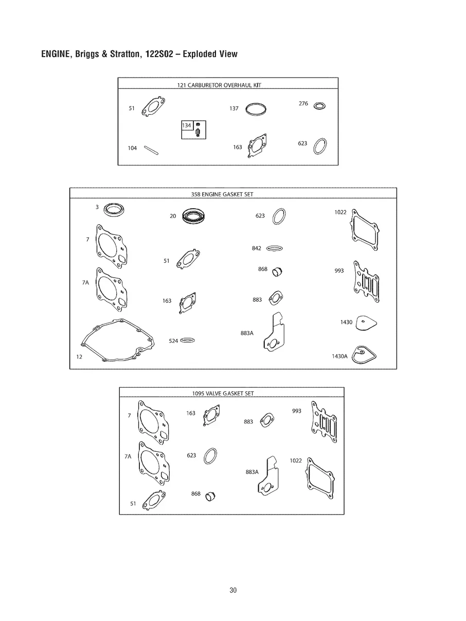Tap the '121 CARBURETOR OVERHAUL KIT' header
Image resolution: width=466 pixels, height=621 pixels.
point(219,85)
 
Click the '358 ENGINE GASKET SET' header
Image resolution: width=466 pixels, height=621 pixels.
point(222,194)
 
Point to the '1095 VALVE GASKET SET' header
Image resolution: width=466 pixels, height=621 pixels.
point(223,393)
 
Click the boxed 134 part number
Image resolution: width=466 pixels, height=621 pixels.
point(187,125)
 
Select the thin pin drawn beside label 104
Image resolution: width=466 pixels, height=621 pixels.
point(151,150)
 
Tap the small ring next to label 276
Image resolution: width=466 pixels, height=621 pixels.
point(319,106)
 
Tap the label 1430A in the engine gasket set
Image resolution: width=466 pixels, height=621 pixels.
point(339,356)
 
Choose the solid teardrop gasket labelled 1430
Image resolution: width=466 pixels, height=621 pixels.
point(366,323)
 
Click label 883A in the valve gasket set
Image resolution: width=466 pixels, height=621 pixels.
point(252,472)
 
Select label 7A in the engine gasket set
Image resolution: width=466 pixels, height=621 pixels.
point(85,282)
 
